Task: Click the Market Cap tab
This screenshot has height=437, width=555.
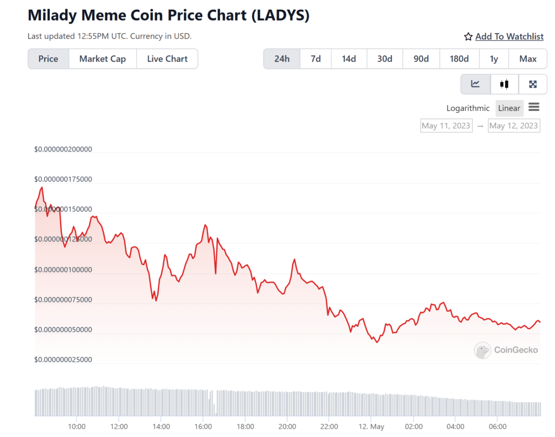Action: (102, 59)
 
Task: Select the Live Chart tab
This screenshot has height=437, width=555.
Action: (167, 59)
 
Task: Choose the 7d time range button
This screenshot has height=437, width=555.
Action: (315, 59)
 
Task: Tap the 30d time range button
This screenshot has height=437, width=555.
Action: (385, 59)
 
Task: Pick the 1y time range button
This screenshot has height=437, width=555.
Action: (494, 59)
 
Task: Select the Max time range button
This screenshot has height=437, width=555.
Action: (527, 59)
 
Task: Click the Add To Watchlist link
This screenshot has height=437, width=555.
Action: (509, 36)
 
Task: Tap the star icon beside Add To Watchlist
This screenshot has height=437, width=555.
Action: (468, 36)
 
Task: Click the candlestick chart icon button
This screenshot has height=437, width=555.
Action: (505, 84)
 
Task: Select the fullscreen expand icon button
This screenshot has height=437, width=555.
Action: (533, 84)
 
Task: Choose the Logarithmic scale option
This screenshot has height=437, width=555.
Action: (468, 108)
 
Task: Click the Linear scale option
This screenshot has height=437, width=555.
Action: (509, 108)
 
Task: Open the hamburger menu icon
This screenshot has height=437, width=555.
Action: (534, 107)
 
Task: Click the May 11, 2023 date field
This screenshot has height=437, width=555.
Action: (446, 126)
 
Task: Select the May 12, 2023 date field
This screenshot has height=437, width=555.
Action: (514, 126)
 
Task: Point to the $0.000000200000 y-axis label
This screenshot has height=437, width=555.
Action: (63, 149)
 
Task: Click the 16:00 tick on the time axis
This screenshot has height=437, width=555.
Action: (203, 426)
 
